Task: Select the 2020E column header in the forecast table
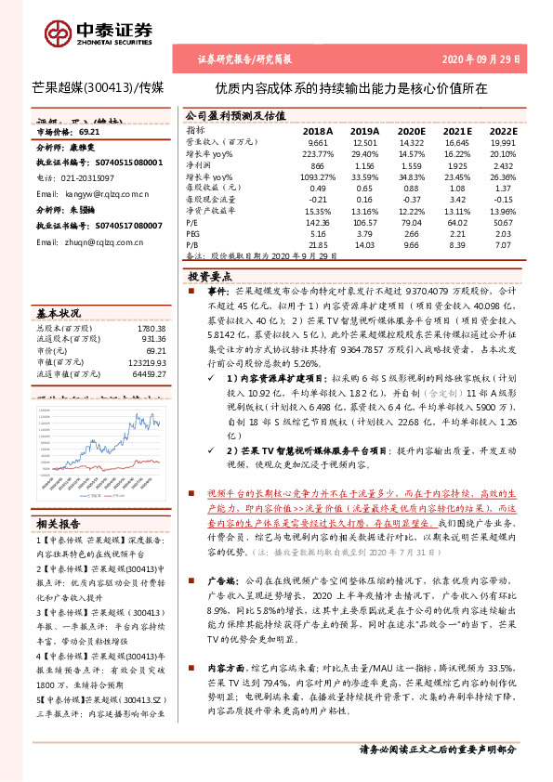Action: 410,131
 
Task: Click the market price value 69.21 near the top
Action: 89,133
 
